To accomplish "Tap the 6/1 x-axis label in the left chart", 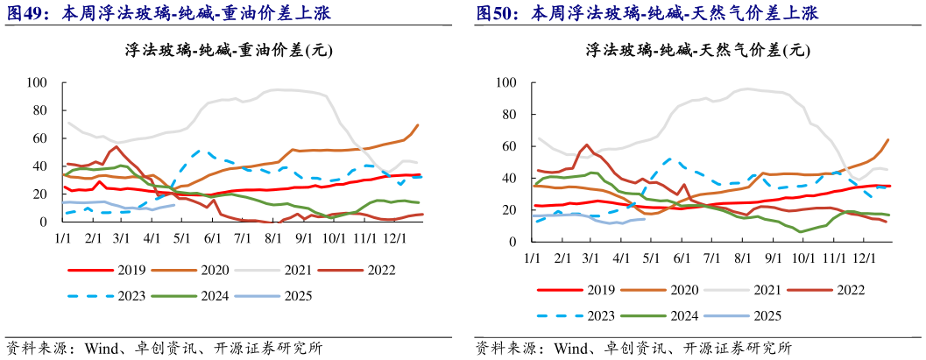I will (210, 238).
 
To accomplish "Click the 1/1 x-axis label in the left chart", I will (63, 238).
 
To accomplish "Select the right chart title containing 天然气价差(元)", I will (696, 51).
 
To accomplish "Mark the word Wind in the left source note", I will (102, 348).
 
